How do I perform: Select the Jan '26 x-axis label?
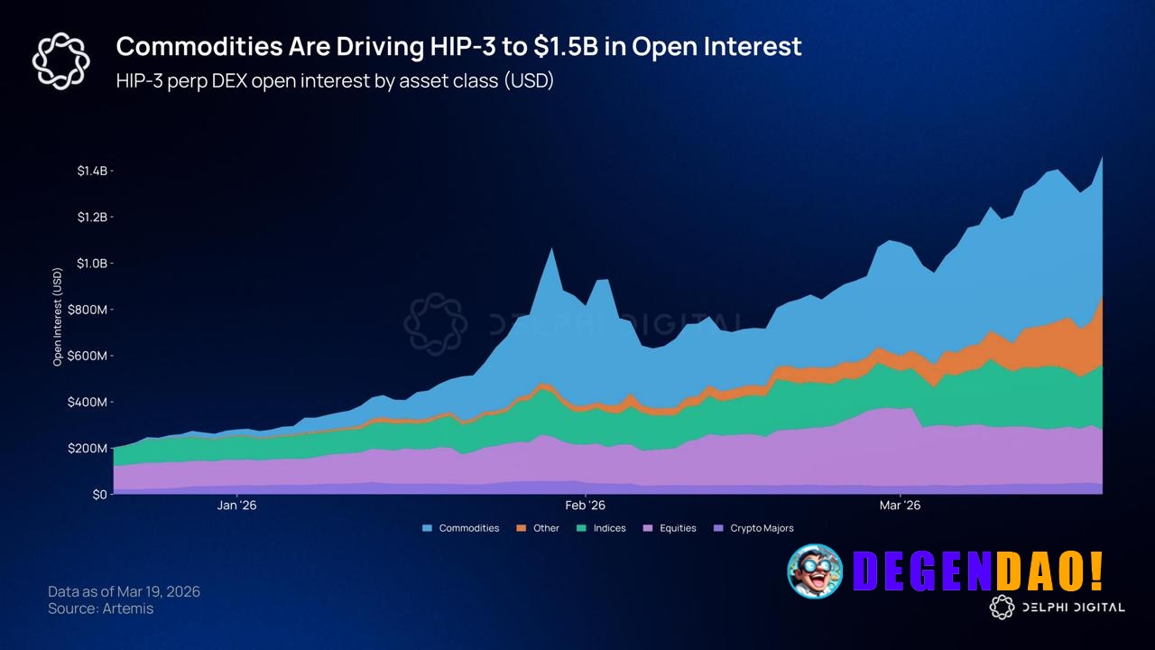[237, 506]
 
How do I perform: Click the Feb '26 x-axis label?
[586, 506]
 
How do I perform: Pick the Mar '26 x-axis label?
[901, 506]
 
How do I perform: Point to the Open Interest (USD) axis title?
[58, 316]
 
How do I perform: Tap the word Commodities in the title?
[190, 47]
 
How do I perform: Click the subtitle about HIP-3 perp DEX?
[335, 80]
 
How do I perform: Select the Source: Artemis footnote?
[100, 608]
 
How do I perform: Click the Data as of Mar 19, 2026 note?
[124, 591]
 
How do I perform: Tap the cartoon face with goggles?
[815, 571]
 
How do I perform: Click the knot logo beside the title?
[60, 60]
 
